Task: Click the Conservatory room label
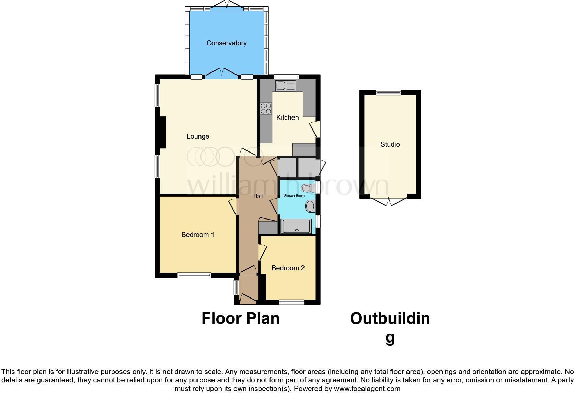tap(226, 43)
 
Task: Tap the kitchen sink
tap(285, 86)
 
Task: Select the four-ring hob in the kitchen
tap(266, 109)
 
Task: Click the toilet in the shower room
tap(308, 188)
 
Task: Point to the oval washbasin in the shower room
tap(310, 206)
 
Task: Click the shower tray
tap(296, 226)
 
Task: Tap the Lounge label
tap(198, 136)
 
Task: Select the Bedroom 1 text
tap(198, 235)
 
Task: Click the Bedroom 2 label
tap(288, 268)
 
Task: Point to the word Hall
tap(258, 196)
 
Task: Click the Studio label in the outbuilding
tap(390, 144)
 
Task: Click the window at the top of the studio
tap(388, 92)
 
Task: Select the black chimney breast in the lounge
tap(161, 133)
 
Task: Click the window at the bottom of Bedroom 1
tap(194, 275)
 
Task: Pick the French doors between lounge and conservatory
tap(222, 73)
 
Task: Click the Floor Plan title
tap(240, 318)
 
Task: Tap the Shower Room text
tap(294, 196)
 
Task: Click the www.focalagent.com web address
tap(367, 389)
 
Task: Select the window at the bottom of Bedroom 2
tap(291, 302)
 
